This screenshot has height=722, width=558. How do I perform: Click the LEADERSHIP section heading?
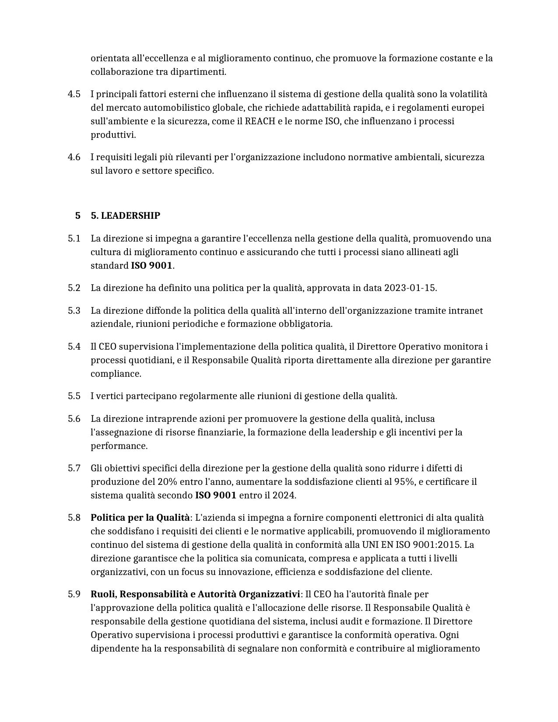(126, 216)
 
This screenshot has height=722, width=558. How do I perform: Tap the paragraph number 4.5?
(74, 94)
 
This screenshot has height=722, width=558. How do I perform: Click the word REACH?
(260, 121)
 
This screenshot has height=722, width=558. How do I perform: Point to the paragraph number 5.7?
(74, 468)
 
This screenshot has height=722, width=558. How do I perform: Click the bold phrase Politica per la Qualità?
(140, 518)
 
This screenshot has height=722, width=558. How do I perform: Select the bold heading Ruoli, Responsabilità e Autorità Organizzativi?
(195, 594)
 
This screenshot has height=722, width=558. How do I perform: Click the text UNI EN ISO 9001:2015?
(412, 545)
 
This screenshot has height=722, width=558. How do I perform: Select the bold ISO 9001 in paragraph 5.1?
(151, 266)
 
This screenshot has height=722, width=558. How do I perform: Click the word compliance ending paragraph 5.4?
(115, 374)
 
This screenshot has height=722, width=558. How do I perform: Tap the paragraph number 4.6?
(74, 157)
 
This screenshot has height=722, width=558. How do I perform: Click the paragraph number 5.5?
(74, 396)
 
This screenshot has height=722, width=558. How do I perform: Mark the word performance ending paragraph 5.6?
(118, 446)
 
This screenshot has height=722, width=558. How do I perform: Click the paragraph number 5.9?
(74, 594)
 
